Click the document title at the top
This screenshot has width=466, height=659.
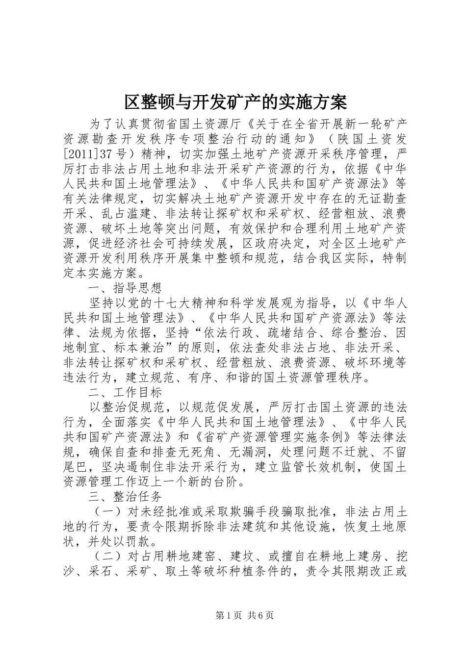(x=235, y=101)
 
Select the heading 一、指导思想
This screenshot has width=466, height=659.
(x=125, y=287)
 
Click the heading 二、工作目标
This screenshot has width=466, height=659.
(x=125, y=392)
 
